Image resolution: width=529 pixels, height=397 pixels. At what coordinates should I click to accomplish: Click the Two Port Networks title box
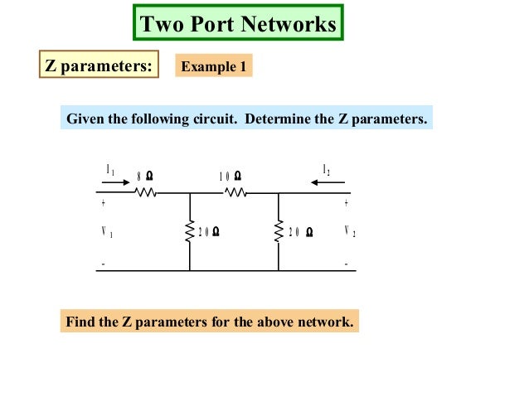pyautogui.click(x=238, y=23)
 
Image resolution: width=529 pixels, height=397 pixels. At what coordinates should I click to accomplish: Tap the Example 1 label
pyautogui.click(x=213, y=66)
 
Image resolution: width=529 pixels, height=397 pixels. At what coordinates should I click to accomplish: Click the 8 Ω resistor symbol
pyautogui.click(x=146, y=193)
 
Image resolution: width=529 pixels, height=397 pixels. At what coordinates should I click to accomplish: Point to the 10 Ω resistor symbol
pyautogui.click(x=235, y=193)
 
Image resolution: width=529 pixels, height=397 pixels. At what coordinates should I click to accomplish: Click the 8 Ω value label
pyautogui.click(x=144, y=176)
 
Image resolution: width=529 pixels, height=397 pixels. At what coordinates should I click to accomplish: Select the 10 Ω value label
pyautogui.click(x=231, y=176)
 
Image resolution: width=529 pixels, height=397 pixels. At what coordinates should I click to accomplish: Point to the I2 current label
pyautogui.click(x=327, y=170)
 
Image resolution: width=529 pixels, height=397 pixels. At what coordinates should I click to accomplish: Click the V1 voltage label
pyautogui.click(x=106, y=233)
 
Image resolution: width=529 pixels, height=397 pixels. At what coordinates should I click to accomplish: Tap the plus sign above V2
pyautogui.click(x=346, y=202)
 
